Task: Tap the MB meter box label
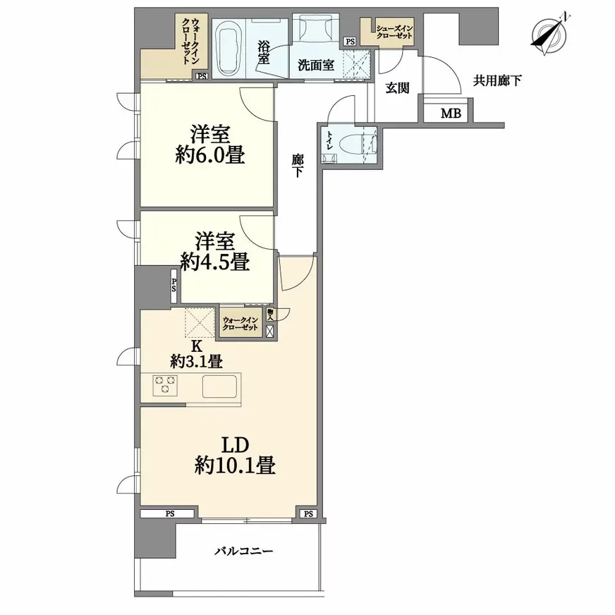tap(451, 114)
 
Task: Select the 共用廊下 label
tap(497, 81)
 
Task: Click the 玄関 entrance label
tap(397, 88)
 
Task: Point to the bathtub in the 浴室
tap(229, 47)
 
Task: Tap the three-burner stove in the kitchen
tap(165, 385)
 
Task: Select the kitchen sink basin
tap(219, 386)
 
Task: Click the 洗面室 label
tap(316, 65)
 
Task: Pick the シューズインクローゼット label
tap(394, 32)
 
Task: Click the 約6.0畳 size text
tap(210, 154)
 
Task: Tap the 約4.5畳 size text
tap(215, 262)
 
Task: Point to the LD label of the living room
tap(236, 446)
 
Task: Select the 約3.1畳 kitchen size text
tap(197, 361)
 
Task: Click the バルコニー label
tap(243, 551)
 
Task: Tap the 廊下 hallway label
tap(298, 165)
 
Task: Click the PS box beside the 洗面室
tap(350, 42)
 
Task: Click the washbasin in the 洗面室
tap(316, 28)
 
